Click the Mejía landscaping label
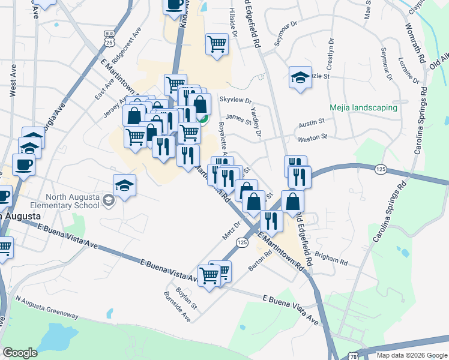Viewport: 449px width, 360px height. [x=363, y=108]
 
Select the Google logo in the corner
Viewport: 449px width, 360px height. [x=20, y=353]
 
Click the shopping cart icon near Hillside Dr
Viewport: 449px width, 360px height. [x=217, y=43]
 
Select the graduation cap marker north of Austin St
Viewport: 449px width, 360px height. [x=300, y=77]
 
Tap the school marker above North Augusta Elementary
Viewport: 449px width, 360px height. [x=124, y=185]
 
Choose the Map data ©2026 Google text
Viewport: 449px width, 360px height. [x=411, y=355]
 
